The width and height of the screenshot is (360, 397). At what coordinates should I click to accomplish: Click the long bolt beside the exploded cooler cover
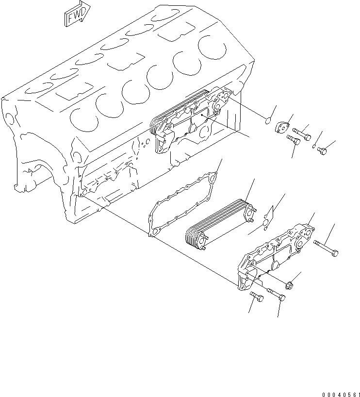coord(326,247)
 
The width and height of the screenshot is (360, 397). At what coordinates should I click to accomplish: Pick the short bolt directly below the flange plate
coord(293,140)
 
